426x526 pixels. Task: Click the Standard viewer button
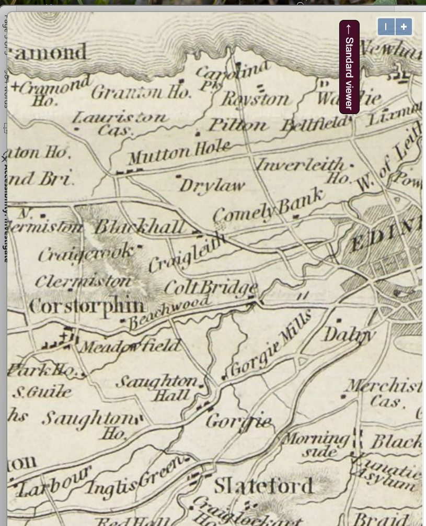point(349,66)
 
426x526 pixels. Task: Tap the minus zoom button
point(386,27)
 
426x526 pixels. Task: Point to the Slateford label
point(263,486)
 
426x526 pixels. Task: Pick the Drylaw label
point(212,185)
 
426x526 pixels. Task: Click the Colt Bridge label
point(211,288)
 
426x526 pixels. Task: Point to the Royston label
point(254,98)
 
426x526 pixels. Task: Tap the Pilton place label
point(238,125)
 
